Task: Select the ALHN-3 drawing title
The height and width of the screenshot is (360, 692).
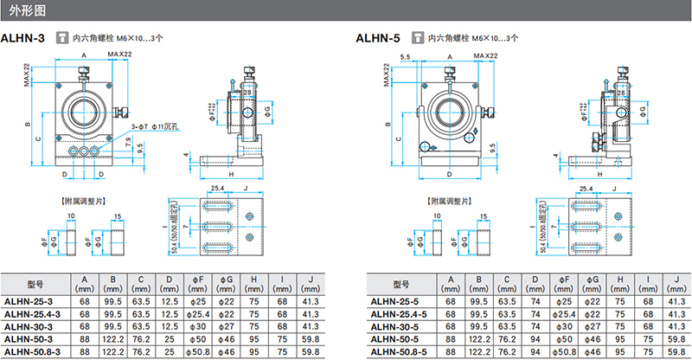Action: coord(24,38)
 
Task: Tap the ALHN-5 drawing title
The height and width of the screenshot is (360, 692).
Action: coord(379,38)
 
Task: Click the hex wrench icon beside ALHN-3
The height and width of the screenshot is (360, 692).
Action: coord(61,38)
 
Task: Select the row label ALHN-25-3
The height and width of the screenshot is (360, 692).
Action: coord(28,301)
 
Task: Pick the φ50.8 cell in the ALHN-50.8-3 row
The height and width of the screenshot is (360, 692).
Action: coord(198,353)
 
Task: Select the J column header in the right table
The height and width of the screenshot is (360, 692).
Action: coord(670,283)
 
